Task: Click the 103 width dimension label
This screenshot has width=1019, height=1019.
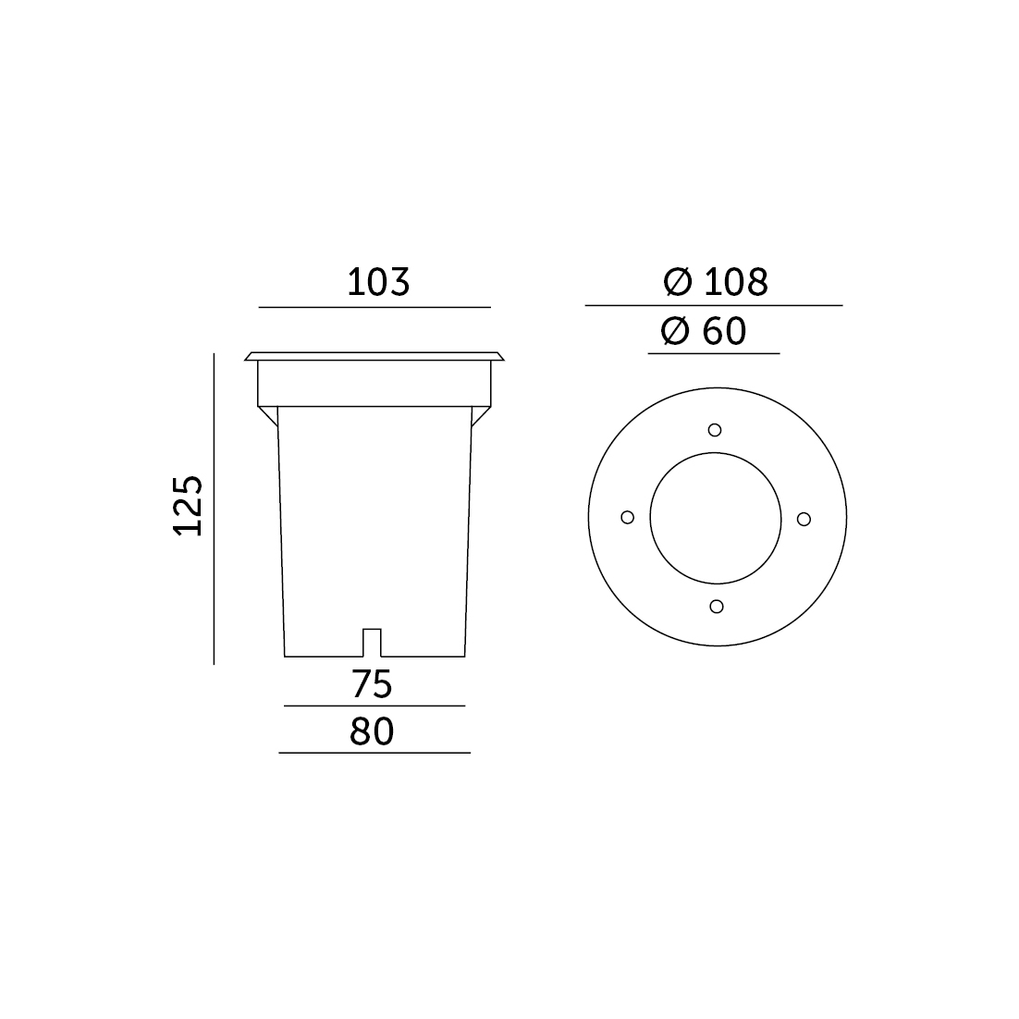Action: (x=378, y=282)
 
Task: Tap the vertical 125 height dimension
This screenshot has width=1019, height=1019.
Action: (x=188, y=506)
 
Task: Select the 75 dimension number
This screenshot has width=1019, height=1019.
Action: (x=372, y=683)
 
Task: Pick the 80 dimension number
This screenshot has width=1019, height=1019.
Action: (x=372, y=731)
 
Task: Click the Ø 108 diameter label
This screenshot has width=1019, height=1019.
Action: (x=716, y=282)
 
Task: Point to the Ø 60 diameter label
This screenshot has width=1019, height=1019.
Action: (x=703, y=331)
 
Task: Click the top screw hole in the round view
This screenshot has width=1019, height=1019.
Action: (x=715, y=430)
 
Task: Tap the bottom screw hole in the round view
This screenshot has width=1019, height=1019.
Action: (x=716, y=607)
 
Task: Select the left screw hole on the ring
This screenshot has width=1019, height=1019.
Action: (x=627, y=517)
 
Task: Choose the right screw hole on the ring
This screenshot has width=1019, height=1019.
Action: (x=804, y=519)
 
